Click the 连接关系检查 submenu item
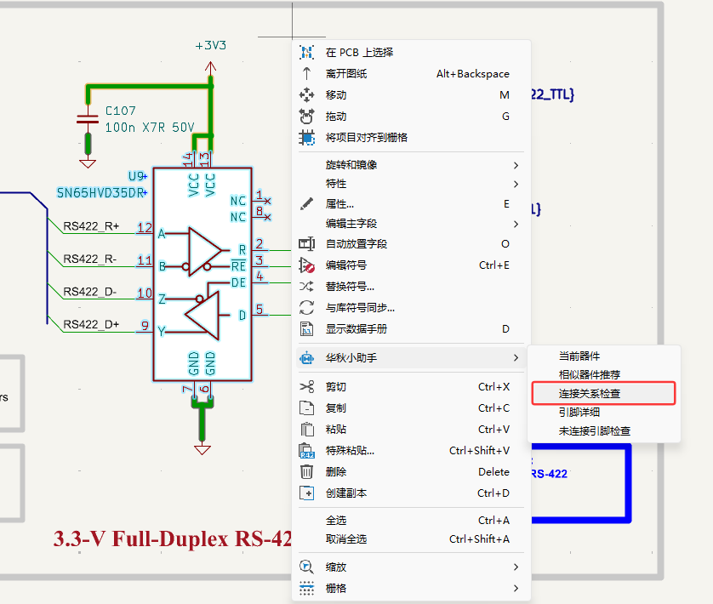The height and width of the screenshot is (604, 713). [589, 394]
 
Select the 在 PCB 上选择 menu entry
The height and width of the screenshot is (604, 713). [359, 53]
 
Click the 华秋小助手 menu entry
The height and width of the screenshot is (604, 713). [351, 358]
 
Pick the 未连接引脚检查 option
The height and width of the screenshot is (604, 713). [594, 431]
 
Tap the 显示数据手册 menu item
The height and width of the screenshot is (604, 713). [356, 329]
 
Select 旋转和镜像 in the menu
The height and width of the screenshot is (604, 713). [351, 165]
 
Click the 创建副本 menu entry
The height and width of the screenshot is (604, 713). [346, 493]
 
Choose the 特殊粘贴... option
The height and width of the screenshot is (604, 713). [350, 451]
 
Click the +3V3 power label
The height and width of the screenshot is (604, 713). [210, 45]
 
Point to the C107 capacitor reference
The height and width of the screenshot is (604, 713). [120, 111]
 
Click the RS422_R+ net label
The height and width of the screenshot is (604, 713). [91, 226]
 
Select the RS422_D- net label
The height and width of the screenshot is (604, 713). [90, 292]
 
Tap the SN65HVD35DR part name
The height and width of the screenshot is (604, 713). [101, 192]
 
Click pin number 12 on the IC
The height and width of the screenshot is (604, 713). [145, 228]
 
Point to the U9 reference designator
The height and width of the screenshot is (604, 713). [137, 176]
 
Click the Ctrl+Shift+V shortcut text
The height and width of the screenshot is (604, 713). [479, 451]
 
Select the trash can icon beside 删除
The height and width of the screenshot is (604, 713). [307, 472]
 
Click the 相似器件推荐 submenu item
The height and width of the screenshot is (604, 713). [589, 375]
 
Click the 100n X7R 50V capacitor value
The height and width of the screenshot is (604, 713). [149, 128]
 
